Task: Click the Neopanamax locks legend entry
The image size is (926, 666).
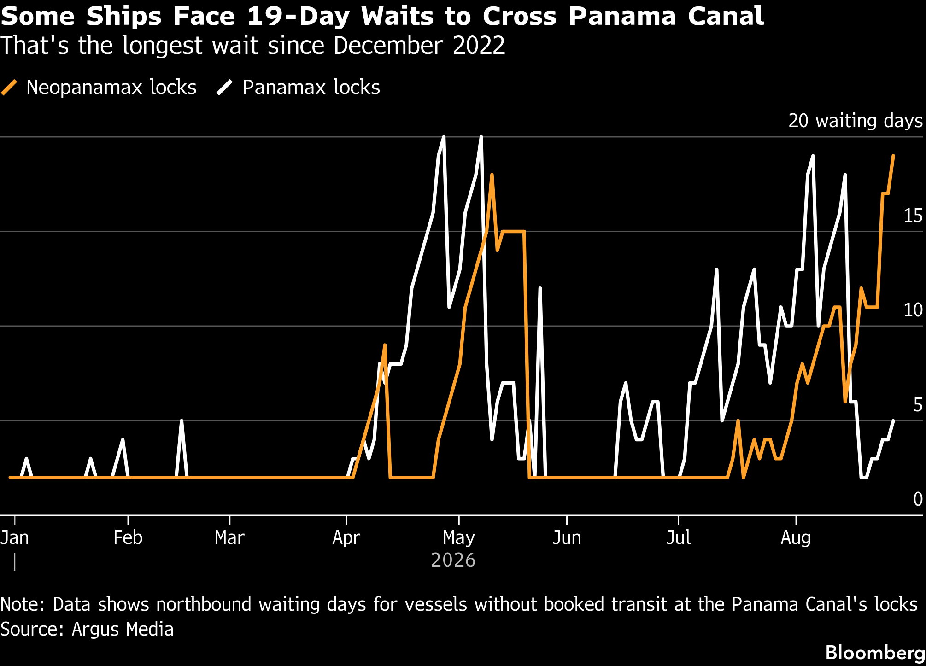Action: coord(99,87)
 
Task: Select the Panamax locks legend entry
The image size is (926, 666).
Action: coord(299,87)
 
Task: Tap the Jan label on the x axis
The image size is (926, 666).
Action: coord(15,537)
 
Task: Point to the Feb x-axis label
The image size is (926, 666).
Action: coord(128,537)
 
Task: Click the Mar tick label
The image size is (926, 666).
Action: coord(229,537)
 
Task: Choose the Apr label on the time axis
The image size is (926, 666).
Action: coord(346,537)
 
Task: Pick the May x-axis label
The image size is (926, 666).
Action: coord(459,537)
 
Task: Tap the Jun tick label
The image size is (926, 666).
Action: coord(567,537)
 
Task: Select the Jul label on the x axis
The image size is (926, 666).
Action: coord(679,537)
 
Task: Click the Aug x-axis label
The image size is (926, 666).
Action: coord(796,537)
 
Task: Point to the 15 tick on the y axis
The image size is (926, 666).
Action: coord(913,216)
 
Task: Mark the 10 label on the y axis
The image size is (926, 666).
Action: coord(913,310)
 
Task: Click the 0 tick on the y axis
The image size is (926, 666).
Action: coord(918,499)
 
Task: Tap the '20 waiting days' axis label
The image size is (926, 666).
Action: coord(856,121)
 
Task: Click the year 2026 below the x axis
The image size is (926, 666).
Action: coord(453,560)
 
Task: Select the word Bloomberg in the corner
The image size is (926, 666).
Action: coord(875,653)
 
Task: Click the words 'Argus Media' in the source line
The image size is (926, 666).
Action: coord(123,629)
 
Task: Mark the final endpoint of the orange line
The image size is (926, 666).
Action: coord(894,156)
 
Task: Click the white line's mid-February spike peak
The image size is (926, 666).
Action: coord(182,421)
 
